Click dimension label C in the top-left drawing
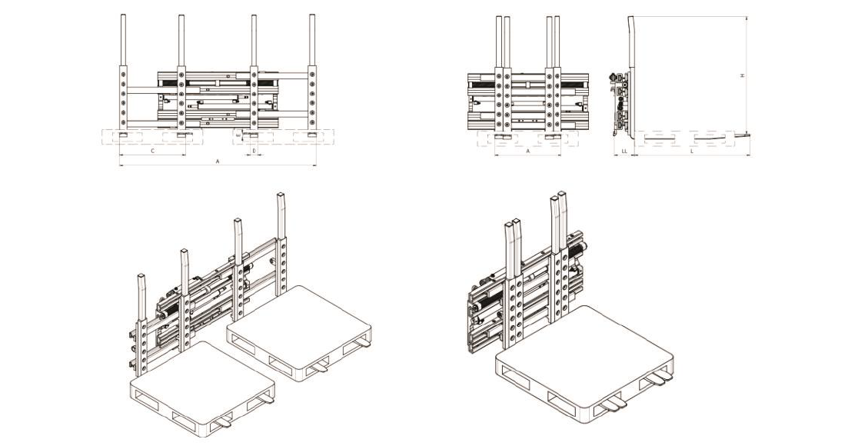click(x=152, y=151)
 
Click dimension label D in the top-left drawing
click(x=254, y=151)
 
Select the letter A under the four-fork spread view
click(x=218, y=162)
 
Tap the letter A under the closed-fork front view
click(x=528, y=151)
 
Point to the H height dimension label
click(x=742, y=75)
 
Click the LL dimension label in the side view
click(x=624, y=151)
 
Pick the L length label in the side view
click(x=693, y=151)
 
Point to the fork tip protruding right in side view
click(x=743, y=135)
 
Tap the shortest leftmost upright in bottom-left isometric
click(x=142, y=300)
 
